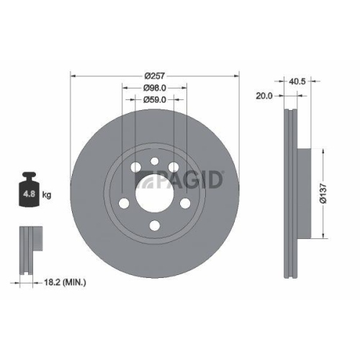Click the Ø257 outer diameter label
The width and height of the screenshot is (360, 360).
coord(155,76)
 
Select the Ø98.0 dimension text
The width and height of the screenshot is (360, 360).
coord(155,88)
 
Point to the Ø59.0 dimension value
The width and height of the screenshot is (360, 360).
coord(155,99)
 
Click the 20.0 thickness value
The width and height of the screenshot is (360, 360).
coord(265,94)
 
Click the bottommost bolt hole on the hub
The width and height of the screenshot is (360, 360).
coord(155,226)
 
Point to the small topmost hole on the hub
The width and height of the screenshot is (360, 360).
coord(155,162)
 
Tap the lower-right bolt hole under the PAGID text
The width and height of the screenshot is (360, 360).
coord(185,202)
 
